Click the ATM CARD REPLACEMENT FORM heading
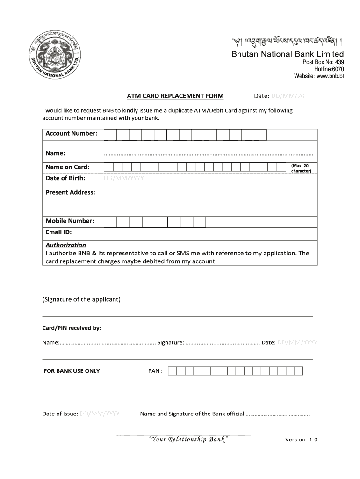coord(175,96)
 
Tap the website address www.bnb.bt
coord(319,76)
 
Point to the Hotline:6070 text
coord(329,69)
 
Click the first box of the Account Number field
coord(110,135)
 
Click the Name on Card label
coord(67,167)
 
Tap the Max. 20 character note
coord(300,168)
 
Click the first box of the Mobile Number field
coord(110,222)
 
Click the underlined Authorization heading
coord(65,245)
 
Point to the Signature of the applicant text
coord(81,299)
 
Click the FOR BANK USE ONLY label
coord(72,371)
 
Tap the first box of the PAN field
coord(172,371)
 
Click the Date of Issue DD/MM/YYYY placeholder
coord(100,414)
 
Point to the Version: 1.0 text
coord(301,440)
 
